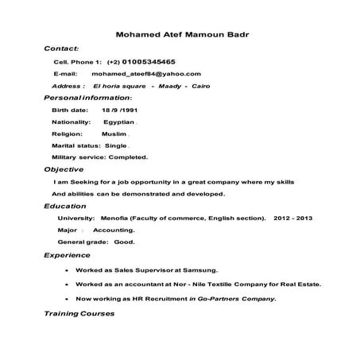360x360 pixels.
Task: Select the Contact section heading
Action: point(60,48)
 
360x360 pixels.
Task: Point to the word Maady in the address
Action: point(170,85)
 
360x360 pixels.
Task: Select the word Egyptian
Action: point(119,122)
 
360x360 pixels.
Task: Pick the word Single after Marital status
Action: point(116,145)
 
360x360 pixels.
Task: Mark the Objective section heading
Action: point(64,169)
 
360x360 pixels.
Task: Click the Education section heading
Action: point(65,206)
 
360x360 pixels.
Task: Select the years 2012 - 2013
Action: point(293,218)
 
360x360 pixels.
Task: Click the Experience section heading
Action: point(68,256)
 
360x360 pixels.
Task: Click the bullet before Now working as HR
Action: point(64,299)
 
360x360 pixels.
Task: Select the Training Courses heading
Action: point(79,313)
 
